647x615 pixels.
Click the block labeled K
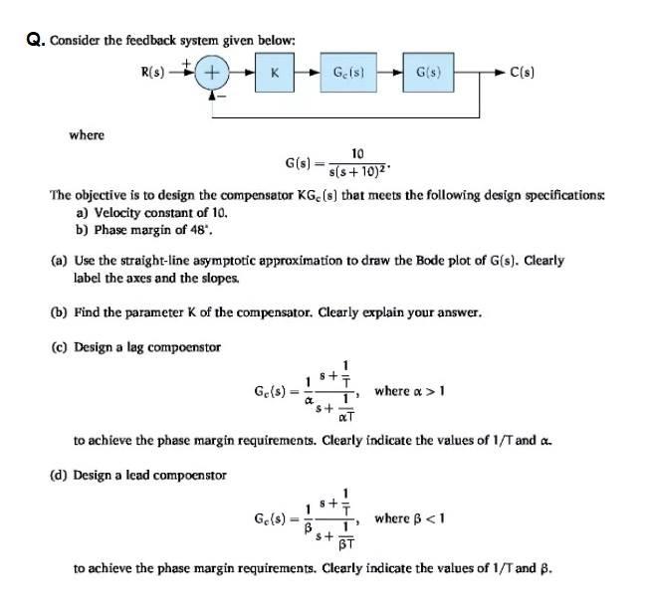pos(273,72)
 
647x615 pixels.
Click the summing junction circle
pos(212,72)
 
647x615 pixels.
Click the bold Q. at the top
pos(35,41)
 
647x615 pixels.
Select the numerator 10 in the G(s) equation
pos(357,153)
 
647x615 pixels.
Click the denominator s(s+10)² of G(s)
pos(359,175)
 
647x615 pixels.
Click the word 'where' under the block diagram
pos(86,134)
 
